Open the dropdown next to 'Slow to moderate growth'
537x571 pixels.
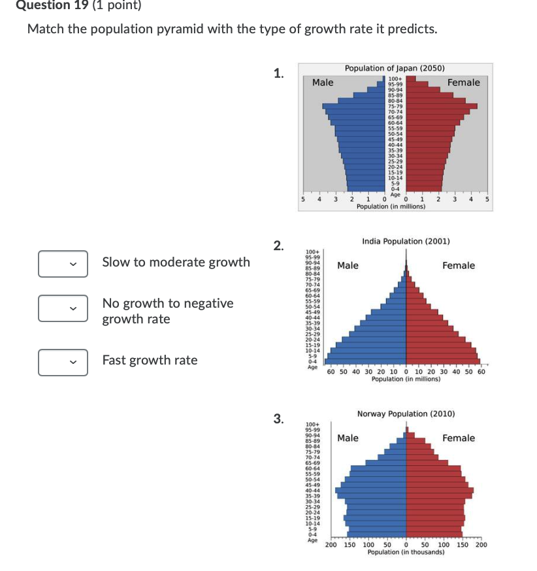63,265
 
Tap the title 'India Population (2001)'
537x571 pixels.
406,241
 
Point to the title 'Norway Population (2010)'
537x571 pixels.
406,414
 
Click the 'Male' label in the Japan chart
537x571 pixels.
323,82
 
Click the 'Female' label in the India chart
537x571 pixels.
459,265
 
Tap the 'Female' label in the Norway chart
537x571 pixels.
459,438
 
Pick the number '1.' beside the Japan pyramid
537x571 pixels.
279,73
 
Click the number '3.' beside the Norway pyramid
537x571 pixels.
279,419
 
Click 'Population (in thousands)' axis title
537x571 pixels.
406,552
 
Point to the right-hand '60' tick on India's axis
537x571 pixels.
481,372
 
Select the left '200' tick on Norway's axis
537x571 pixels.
332,545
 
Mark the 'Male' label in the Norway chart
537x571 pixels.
348,438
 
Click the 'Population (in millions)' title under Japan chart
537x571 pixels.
391,206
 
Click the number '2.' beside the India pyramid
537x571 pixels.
279,246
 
